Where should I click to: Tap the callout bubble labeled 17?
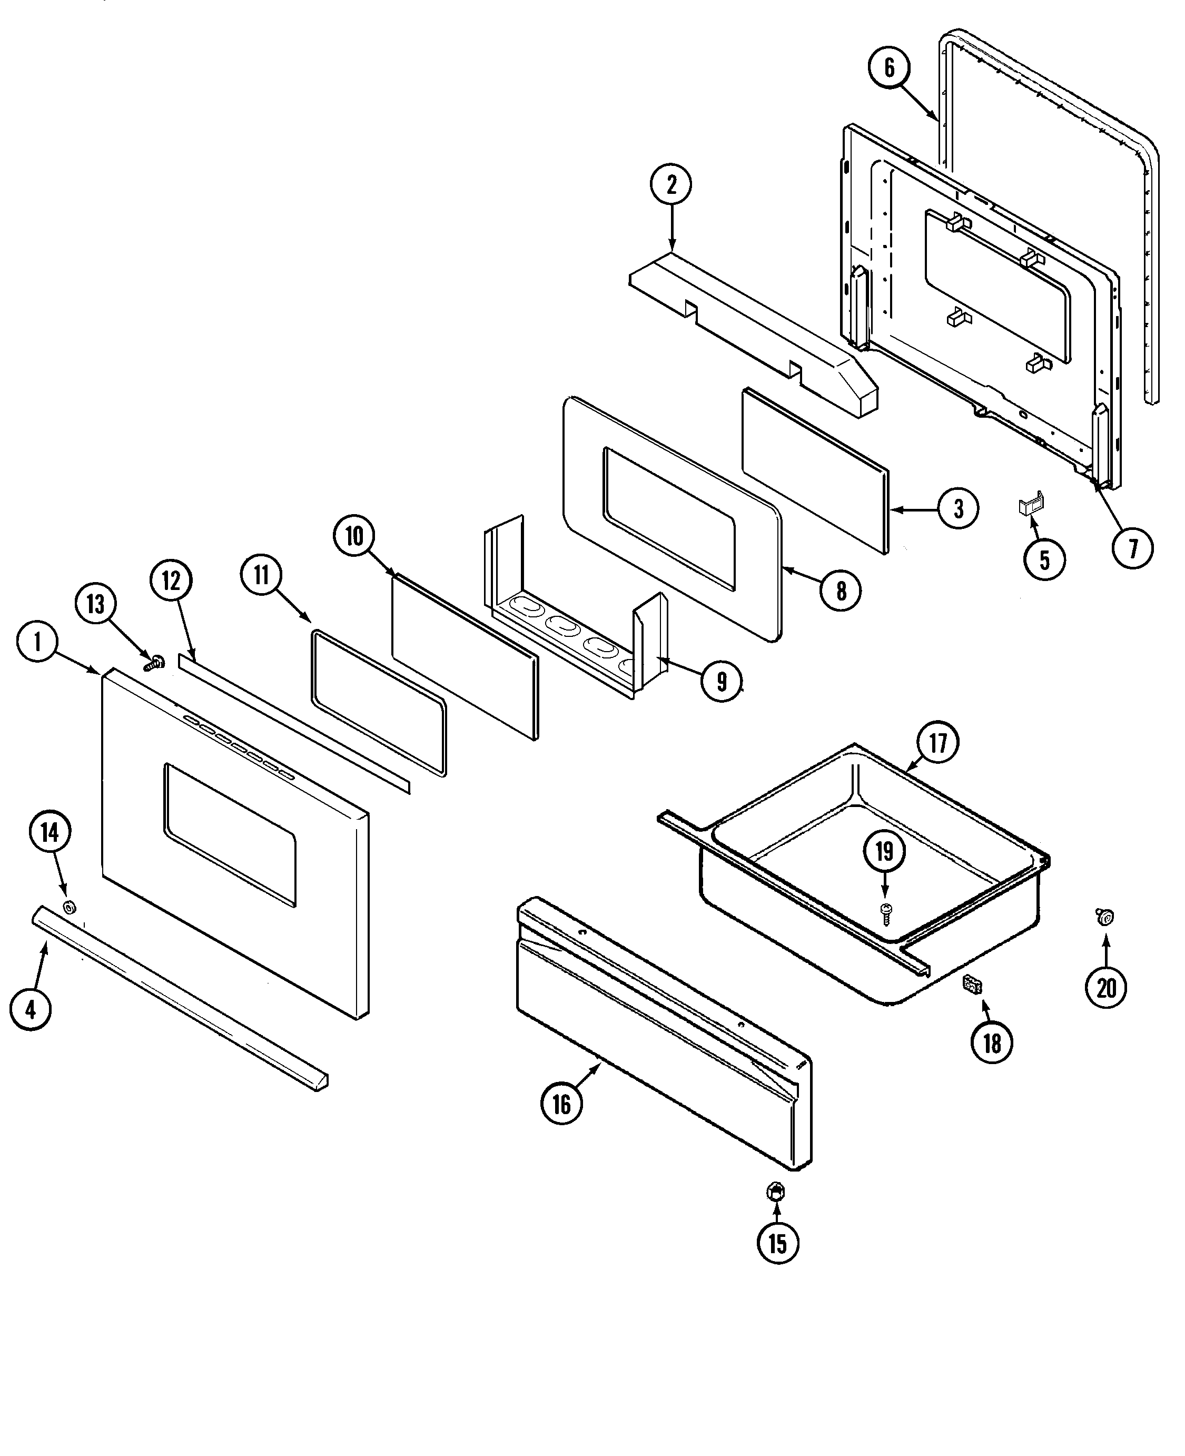coord(938,742)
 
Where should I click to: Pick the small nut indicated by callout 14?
coord(69,907)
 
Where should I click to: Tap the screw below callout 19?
coord(886,912)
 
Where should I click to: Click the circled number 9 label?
coord(722,681)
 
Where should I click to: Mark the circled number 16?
coord(561,1103)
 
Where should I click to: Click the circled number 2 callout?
coord(671,184)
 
